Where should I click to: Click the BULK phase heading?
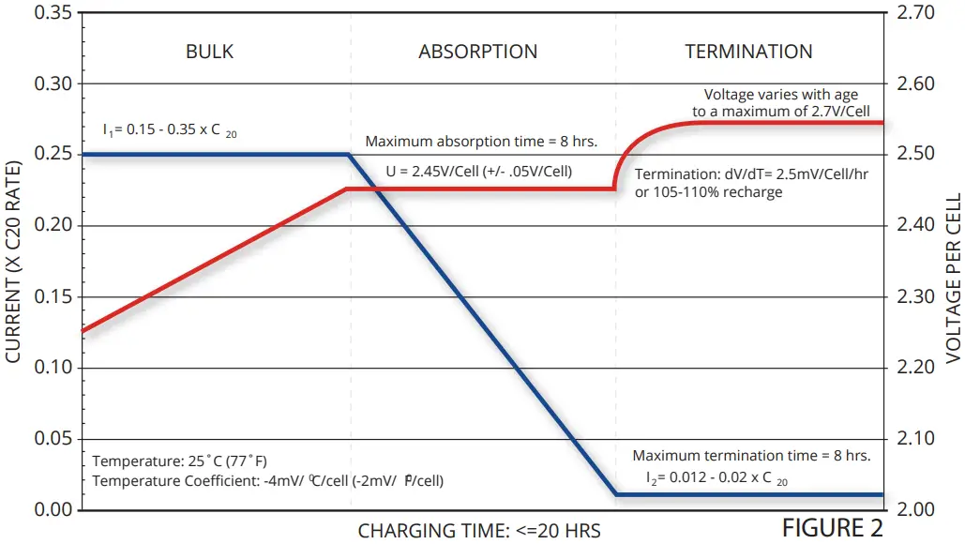click(210, 52)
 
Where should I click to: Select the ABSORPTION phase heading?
click(478, 52)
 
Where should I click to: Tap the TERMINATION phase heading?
click(748, 52)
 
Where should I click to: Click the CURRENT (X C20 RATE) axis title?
click(14, 261)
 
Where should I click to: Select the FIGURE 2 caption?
click(832, 528)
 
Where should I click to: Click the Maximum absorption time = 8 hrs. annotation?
click(481, 142)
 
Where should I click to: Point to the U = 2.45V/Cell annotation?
click(479, 172)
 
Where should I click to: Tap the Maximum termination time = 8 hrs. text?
click(751, 456)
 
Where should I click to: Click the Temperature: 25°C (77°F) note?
click(180, 461)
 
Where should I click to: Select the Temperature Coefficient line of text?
click(268, 480)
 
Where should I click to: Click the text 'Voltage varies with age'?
click(780, 95)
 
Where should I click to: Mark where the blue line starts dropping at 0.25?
click(349, 155)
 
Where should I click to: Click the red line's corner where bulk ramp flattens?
click(347, 189)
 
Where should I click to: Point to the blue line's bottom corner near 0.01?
click(614, 493)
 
